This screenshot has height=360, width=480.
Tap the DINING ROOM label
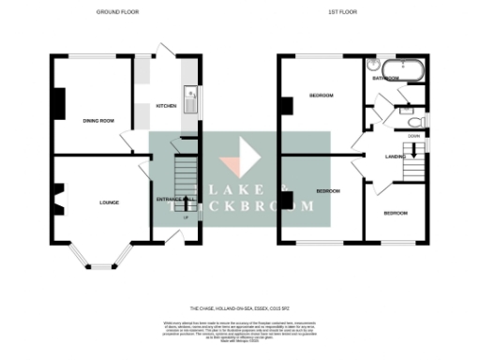pyautogui.click(x=98, y=120)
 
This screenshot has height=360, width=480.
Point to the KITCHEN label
pyautogui.click(x=166, y=106)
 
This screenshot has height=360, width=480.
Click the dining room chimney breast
pyautogui.click(x=58, y=103)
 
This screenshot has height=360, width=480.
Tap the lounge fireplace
pyautogui.click(x=58, y=199)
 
